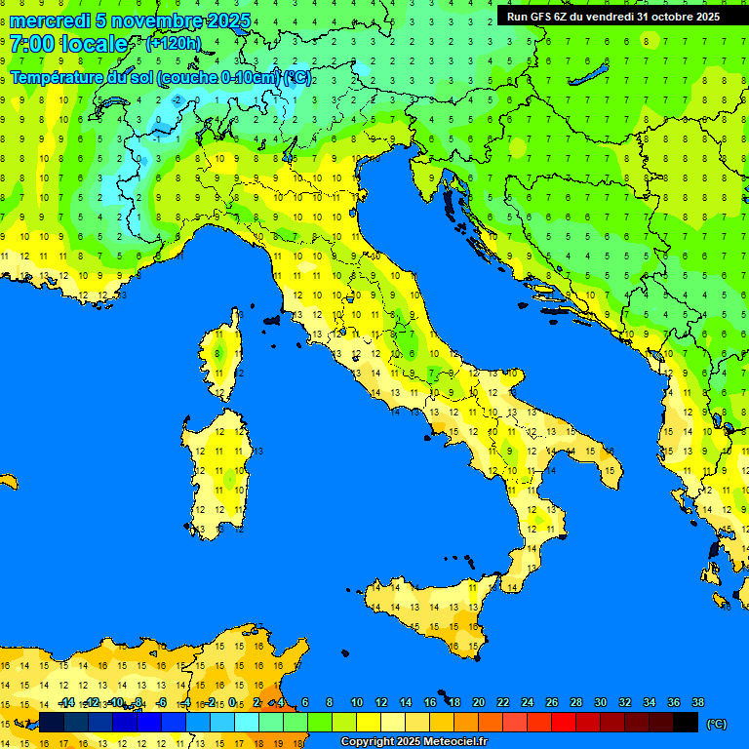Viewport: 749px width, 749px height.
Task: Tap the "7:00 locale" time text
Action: click(68, 44)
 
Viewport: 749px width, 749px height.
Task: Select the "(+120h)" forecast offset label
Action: click(173, 44)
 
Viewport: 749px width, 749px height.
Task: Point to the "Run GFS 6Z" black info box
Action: click(613, 17)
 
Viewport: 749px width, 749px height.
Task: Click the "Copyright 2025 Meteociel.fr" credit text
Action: click(414, 742)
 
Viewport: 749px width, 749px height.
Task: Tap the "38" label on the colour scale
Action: click(697, 702)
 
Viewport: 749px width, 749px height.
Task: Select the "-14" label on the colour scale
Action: click(66, 702)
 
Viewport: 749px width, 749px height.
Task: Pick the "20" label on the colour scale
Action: click(478, 702)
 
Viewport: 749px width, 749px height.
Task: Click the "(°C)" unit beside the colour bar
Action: click(716, 724)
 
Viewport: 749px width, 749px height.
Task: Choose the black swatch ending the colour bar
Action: click(686, 722)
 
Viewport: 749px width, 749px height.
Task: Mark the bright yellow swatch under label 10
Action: click(369, 722)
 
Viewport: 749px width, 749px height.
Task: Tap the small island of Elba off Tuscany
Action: click(272, 319)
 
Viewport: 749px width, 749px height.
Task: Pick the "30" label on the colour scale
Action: click(600, 702)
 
